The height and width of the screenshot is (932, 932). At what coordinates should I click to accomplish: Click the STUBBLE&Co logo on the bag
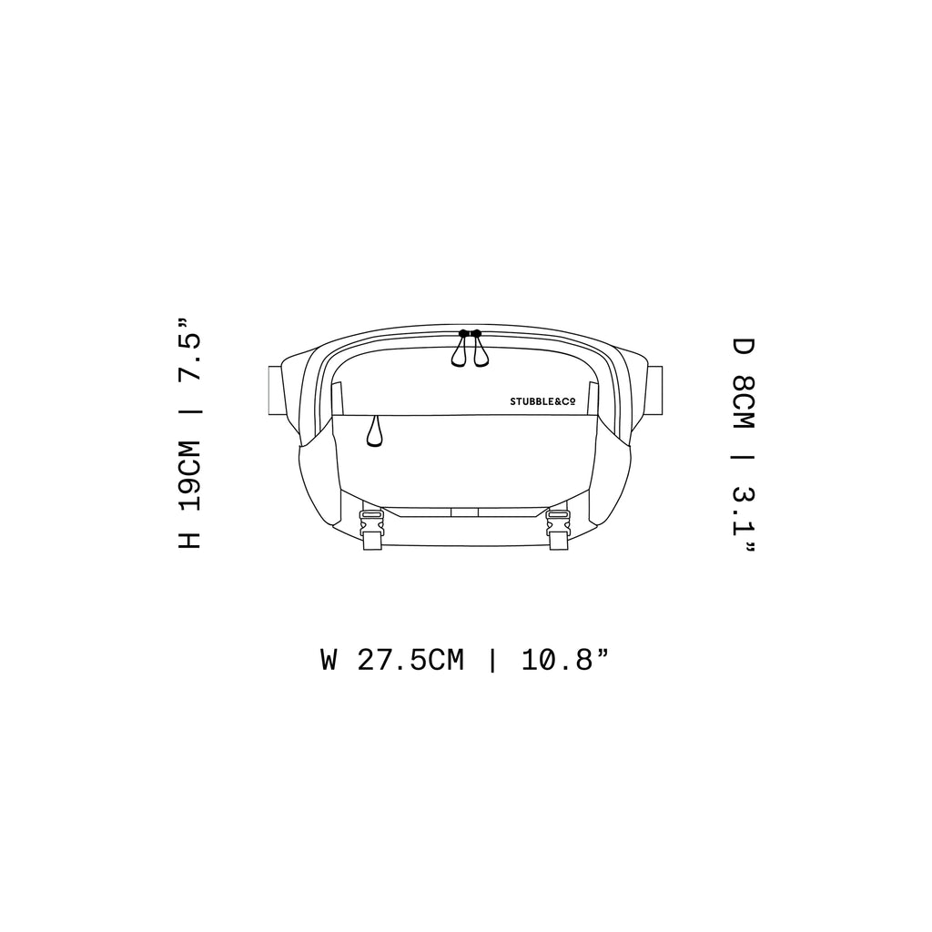click(x=542, y=401)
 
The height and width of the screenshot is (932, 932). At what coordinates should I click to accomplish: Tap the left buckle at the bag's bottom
click(x=371, y=529)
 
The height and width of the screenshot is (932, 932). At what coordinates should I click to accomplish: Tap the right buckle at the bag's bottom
click(x=558, y=529)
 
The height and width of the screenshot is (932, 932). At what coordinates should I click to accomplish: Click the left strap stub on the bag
click(x=277, y=390)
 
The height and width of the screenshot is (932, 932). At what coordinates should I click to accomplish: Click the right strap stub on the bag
click(x=653, y=390)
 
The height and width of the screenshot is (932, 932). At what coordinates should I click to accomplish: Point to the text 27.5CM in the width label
click(x=410, y=660)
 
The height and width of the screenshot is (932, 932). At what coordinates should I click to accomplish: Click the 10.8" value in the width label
click(x=564, y=660)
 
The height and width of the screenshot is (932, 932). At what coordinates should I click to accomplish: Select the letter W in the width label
click(x=329, y=660)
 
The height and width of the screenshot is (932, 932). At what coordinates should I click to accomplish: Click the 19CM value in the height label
click(x=190, y=477)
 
